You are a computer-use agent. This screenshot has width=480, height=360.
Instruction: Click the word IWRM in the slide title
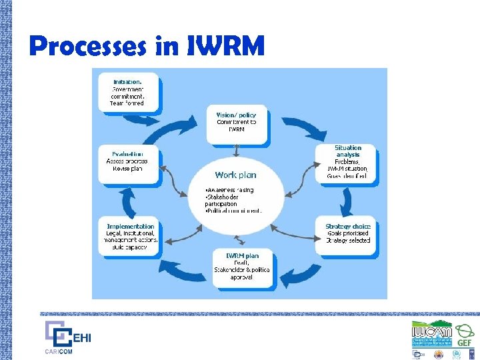point(227,46)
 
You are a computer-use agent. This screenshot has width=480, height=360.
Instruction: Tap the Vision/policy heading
point(236,115)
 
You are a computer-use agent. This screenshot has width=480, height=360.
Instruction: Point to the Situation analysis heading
point(347,151)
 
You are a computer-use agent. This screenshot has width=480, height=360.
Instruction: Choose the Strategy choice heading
point(347,226)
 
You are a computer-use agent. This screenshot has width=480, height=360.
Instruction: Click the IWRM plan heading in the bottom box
point(242,255)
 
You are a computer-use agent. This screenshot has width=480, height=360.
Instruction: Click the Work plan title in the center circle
point(235,175)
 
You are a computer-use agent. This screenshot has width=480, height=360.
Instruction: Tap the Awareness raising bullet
point(230,190)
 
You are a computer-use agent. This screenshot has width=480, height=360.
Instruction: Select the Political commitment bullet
point(234,211)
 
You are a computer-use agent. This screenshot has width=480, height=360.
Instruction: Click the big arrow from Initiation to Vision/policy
point(179,119)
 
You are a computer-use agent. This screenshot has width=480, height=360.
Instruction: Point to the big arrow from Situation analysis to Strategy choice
point(347,197)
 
